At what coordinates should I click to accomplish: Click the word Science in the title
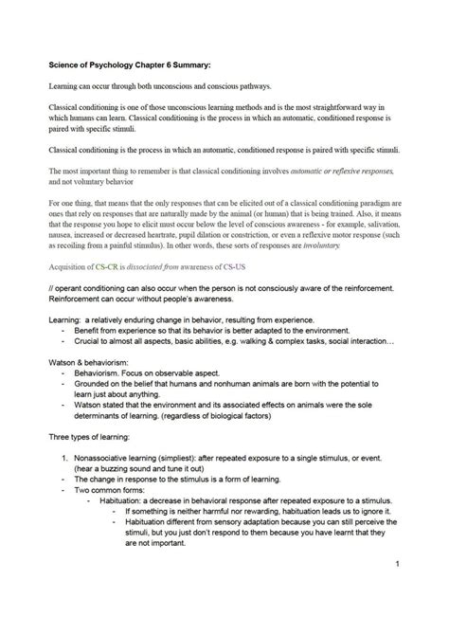(x=65, y=67)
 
